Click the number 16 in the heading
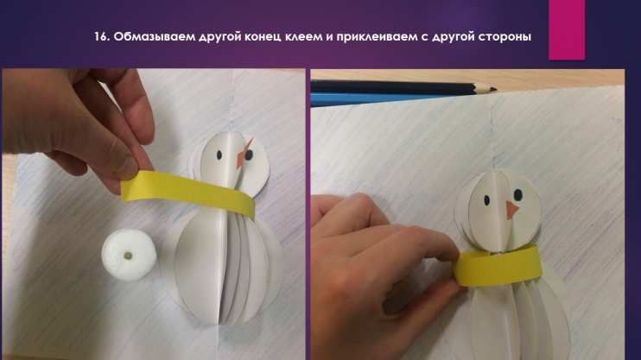(100, 37)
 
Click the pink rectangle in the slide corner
(567, 30)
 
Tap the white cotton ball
(129, 255)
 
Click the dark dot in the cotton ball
(129, 256)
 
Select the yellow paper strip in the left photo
(188, 192)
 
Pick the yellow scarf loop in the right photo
(498, 266)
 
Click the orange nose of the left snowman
(243, 155)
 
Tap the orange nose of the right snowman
(511, 209)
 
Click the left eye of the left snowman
(219, 155)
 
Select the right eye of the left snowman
(249, 155)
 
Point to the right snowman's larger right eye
(517, 194)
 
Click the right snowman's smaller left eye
(487, 200)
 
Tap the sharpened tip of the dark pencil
(494, 88)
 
